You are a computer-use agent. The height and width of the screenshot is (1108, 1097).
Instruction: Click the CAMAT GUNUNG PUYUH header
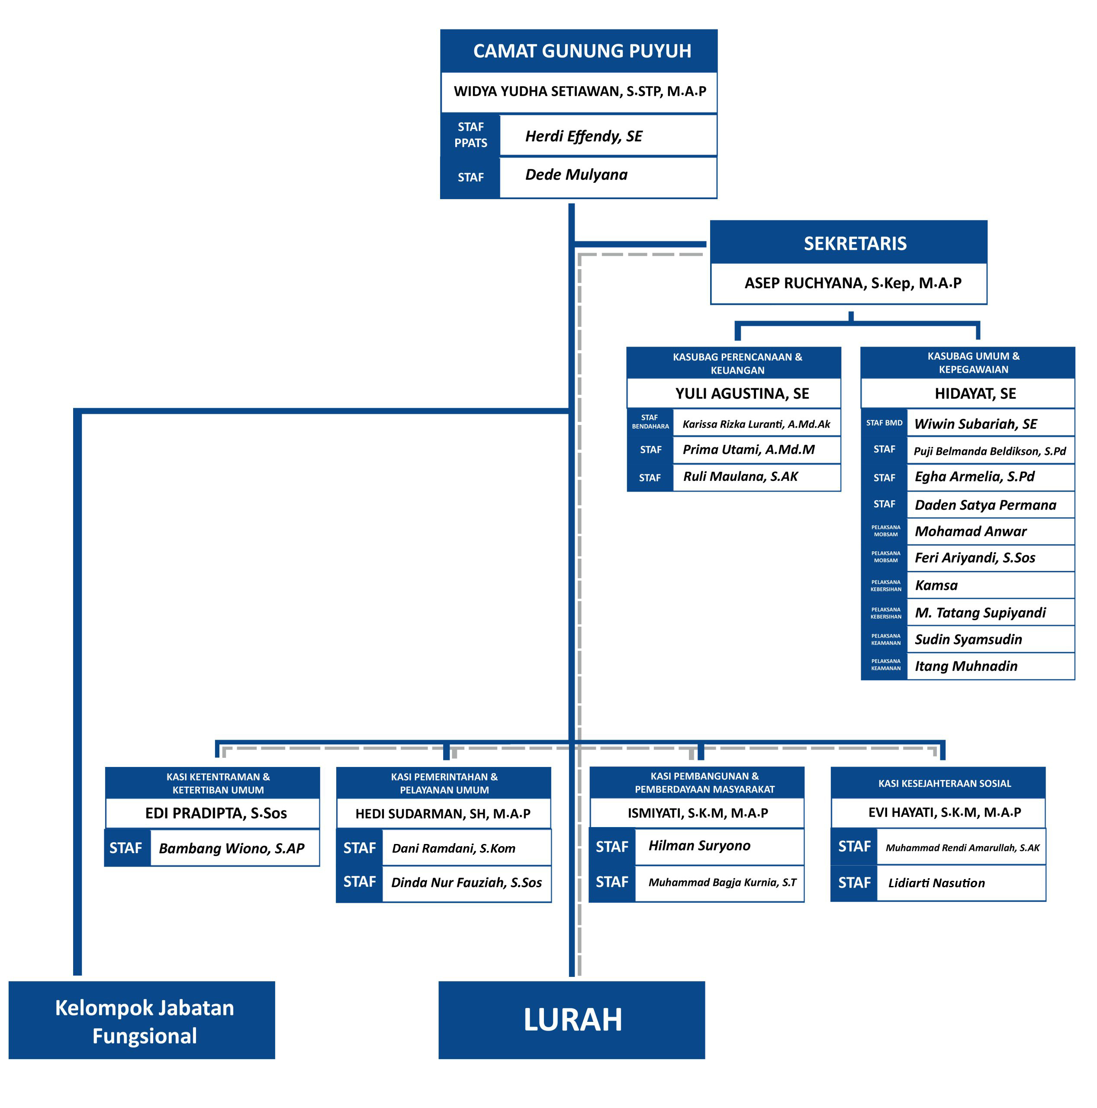(x=582, y=51)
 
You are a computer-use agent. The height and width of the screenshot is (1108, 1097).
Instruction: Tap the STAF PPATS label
(x=470, y=135)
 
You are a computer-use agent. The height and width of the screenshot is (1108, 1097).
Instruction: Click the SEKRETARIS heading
(x=854, y=243)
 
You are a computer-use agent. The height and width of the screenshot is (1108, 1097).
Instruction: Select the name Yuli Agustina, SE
(x=741, y=393)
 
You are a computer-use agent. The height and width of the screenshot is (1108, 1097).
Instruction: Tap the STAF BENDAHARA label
(x=650, y=422)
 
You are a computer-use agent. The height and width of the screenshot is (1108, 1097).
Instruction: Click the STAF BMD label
(x=884, y=423)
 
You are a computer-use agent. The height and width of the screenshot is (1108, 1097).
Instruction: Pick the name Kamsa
(x=936, y=585)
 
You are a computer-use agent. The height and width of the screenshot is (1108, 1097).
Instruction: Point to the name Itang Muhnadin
(x=966, y=666)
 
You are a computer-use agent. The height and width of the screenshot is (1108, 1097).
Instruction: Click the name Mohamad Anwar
(x=970, y=531)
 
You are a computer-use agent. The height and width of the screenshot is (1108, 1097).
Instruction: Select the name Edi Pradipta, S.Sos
(x=216, y=813)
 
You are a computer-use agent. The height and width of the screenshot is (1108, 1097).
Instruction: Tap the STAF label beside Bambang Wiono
(x=125, y=847)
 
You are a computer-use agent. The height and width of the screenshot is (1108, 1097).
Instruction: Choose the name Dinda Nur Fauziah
(x=466, y=882)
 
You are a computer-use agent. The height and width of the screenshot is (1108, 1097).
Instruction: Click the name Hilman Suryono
(x=699, y=845)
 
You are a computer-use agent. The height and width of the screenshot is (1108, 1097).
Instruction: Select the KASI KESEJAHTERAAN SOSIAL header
(x=944, y=783)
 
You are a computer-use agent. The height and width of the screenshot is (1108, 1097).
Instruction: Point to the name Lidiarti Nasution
(x=936, y=883)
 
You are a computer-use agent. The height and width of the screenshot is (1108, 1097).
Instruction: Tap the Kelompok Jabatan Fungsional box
(x=144, y=1021)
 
